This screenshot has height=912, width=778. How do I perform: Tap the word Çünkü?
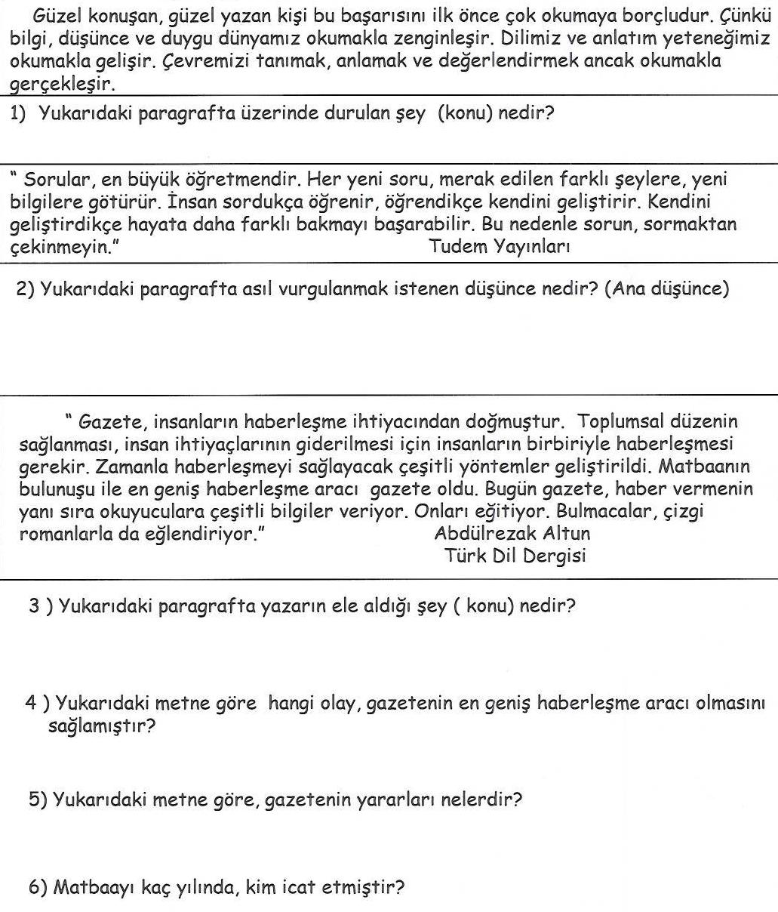point(746,17)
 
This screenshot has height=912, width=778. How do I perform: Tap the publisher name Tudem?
point(457,246)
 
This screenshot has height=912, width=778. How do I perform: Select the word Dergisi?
point(554,556)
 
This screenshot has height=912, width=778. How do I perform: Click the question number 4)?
point(38,704)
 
